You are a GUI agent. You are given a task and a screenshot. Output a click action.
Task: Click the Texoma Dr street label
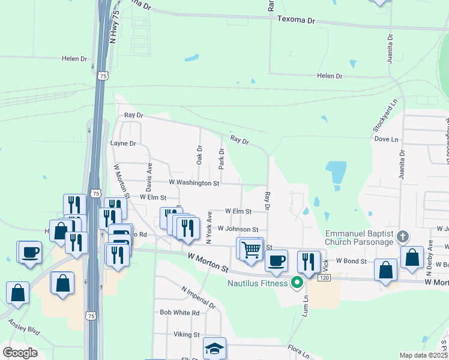(297, 20)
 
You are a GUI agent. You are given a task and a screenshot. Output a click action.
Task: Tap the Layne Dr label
(124, 143)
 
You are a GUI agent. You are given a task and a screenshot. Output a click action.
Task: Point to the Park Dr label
(221, 159)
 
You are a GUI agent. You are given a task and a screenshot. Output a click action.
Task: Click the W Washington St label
(194, 182)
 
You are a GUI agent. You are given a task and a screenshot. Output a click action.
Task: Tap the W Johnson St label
(238, 229)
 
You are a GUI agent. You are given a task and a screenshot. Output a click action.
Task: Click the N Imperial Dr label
(199, 297)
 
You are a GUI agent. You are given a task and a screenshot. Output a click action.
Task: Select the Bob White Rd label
(179, 313)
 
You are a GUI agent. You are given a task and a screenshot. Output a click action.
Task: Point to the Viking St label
(187, 334)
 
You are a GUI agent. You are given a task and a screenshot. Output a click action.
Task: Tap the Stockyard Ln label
(376, 116)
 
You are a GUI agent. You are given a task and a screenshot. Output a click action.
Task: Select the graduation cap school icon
(214, 349)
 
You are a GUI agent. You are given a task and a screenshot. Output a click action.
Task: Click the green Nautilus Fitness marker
(297, 281)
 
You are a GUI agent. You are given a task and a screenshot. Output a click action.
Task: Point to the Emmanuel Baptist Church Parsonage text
(359, 238)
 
